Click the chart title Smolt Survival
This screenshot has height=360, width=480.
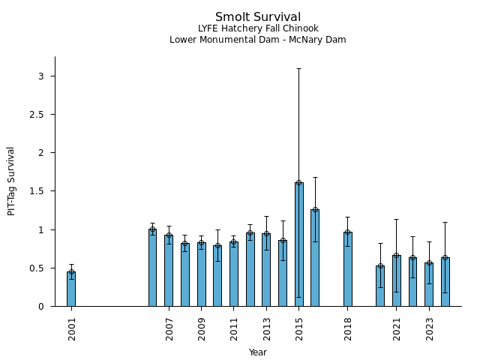click(x=258, y=17)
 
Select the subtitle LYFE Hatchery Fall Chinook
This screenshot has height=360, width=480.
click(x=258, y=29)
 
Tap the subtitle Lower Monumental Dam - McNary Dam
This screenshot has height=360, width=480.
click(x=258, y=40)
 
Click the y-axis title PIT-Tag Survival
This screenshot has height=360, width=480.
click(x=11, y=181)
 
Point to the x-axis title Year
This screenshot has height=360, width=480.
click(x=258, y=352)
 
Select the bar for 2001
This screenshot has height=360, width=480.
click(x=71, y=289)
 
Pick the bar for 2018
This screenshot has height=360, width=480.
click(x=348, y=269)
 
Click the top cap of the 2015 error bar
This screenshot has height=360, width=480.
click(x=299, y=68)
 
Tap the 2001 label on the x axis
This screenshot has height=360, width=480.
click(x=72, y=330)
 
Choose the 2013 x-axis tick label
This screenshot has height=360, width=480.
click(x=267, y=330)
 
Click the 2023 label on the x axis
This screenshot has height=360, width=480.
click(x=430, y=330)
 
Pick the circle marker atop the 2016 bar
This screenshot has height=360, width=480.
click(x=315, y=210)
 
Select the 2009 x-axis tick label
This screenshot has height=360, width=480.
click(x=202, y=330)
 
